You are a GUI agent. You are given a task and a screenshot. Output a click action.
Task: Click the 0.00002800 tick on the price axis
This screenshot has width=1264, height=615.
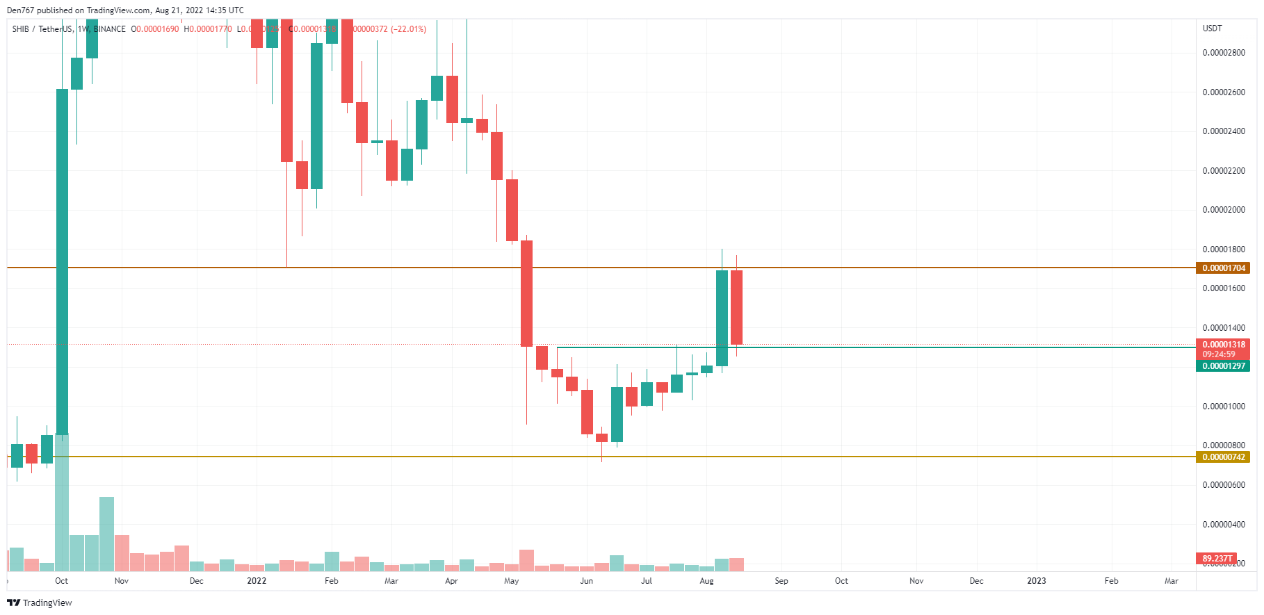[1224, 53]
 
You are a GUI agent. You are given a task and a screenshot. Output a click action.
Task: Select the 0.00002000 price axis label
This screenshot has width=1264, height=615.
[1224, 210]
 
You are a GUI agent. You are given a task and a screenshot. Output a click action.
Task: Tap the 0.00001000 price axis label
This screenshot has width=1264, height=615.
[1224, 407]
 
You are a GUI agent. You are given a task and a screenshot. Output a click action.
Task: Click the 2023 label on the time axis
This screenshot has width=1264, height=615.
[1036, 581]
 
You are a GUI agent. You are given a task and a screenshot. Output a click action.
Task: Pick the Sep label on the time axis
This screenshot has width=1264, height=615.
[781, 581]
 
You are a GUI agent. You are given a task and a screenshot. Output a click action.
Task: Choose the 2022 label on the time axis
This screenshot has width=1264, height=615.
[257, 581]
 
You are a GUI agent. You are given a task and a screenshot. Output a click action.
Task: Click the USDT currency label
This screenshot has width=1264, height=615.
[1212, 28]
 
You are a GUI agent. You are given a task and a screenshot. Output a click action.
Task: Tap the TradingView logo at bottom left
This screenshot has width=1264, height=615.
[40, 602]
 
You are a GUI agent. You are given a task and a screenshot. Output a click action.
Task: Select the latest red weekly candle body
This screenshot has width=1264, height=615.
[736, 307]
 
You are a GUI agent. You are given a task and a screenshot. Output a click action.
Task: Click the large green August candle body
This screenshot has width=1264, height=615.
[722, 318]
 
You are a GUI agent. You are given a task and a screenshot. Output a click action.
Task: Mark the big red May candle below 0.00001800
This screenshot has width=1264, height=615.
[526, 293]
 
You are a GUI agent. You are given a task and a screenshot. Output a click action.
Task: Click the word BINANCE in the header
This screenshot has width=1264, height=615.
[110, 29]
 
